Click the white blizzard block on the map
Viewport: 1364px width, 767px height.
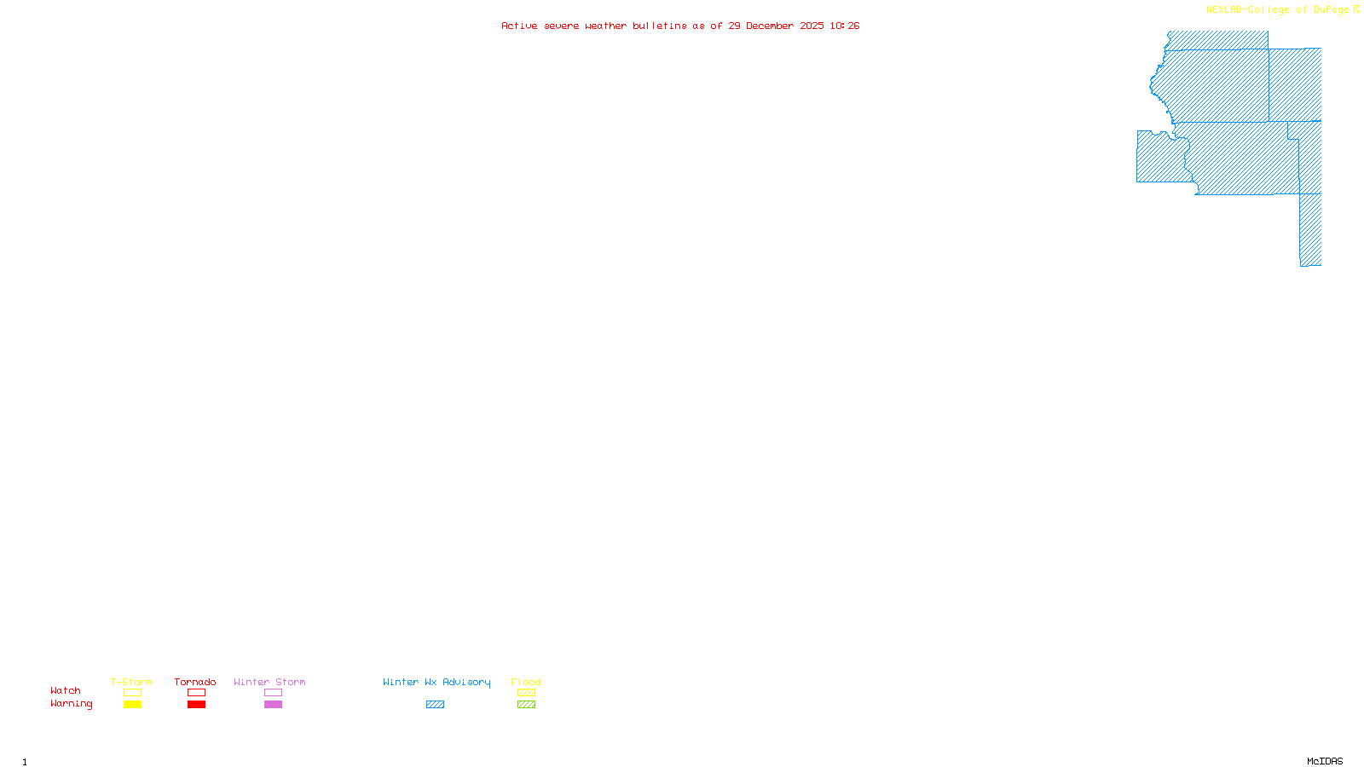(1294, 39)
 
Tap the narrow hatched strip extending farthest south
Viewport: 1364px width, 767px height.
(1310, 230)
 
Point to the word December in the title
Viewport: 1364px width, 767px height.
(769, 26)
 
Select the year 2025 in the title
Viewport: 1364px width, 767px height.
(812, 26)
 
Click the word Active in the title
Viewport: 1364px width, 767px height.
(519, 26)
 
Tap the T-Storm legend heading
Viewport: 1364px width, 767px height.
(131, 682)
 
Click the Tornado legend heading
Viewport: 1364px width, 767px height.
(195, 682)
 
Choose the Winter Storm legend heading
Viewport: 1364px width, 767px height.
(269, 682)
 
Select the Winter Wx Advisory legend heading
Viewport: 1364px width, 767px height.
(436, 682)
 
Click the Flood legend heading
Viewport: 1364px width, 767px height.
(526, 682)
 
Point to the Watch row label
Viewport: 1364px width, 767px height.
(66, 691)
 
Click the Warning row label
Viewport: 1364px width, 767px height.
(71, 704)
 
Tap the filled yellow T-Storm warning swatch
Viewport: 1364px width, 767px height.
(132, 705)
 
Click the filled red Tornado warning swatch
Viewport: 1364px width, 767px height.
(197, 705)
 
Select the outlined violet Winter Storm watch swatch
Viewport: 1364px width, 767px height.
(273, 693)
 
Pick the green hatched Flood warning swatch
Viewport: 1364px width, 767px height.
(527, 705)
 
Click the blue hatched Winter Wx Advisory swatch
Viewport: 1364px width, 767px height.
(435, 705)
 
